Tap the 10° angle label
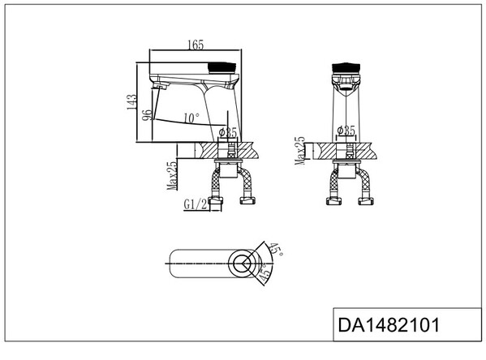191,118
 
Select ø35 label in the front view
345,130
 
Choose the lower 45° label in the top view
265,276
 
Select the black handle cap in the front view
346,66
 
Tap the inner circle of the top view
241,263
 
